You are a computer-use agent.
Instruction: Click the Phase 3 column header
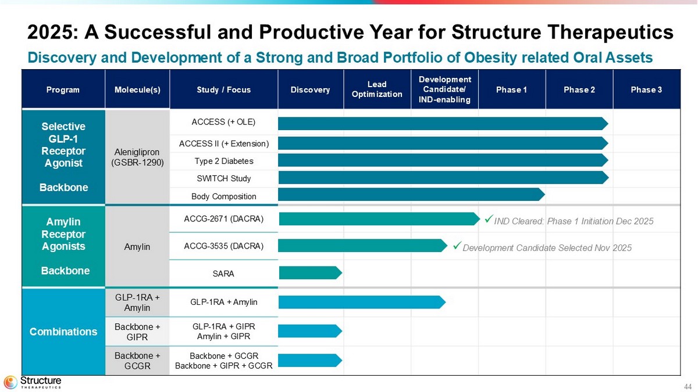[646, 90]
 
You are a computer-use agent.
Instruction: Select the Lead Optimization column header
[377, 90]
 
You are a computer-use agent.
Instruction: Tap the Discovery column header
[310, 90]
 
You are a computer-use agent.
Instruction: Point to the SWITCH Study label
[223, 178]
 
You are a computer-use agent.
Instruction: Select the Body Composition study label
[223, 197]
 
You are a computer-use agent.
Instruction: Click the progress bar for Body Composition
[411, 195]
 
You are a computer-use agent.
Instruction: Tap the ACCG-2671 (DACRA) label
[223, 219]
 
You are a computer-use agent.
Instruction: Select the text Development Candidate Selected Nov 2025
[547, 248]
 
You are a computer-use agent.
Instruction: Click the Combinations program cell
[63, 332]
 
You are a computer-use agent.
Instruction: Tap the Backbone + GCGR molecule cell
[137, 361]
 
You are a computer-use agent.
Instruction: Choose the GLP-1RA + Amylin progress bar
[361, 302]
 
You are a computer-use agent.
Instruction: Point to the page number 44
[688, 387]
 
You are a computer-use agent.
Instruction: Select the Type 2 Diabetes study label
[223, 161]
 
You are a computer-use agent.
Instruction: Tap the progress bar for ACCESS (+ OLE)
[442, 123]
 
